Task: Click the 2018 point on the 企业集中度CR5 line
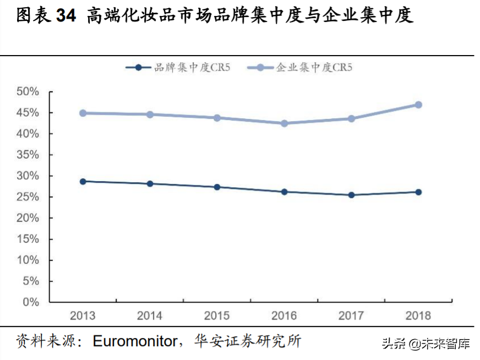tap(418, 105)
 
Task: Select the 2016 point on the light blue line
tap(284, 123)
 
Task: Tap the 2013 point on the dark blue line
tap(83, 181)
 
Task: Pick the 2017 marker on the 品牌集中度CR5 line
tap(351, 195)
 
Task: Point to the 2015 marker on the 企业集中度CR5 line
tap(217, 118)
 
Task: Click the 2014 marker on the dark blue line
tap(150, 184)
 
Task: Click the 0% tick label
tap(31, 302)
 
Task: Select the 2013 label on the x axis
tap(83, 316)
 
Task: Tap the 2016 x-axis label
tap(284, 316)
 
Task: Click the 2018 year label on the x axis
tap(418, 316)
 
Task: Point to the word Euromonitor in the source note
tap(134, 341)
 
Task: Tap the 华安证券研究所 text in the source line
tap(248, 341)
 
